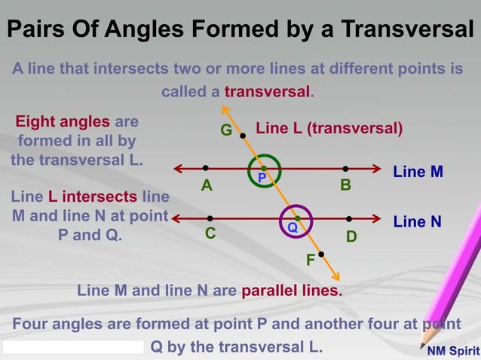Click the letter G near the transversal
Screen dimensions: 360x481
tap(225, 130)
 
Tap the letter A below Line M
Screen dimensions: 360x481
tap(206, 185)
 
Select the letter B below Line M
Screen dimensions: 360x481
tap(345, 185)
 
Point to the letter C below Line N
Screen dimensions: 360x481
tap(211, 233)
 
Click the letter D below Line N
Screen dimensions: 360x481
tap(351, 236)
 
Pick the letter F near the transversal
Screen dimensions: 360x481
tap(310, 261)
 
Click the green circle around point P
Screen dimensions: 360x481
tap(263, 157)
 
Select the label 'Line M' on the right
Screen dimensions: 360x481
tap(418, 172)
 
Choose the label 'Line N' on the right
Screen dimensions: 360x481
tap(417, 221)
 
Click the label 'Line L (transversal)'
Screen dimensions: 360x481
tap(329, 128)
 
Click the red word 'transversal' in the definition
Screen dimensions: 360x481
tap(268, 92)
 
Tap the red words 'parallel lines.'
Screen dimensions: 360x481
tap(291, 290)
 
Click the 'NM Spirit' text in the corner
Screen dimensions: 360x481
tap(452, 351)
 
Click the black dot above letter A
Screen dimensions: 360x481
tap(205, 169)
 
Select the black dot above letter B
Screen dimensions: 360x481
tap(345, 169)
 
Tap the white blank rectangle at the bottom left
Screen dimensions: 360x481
tap(73, 347)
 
